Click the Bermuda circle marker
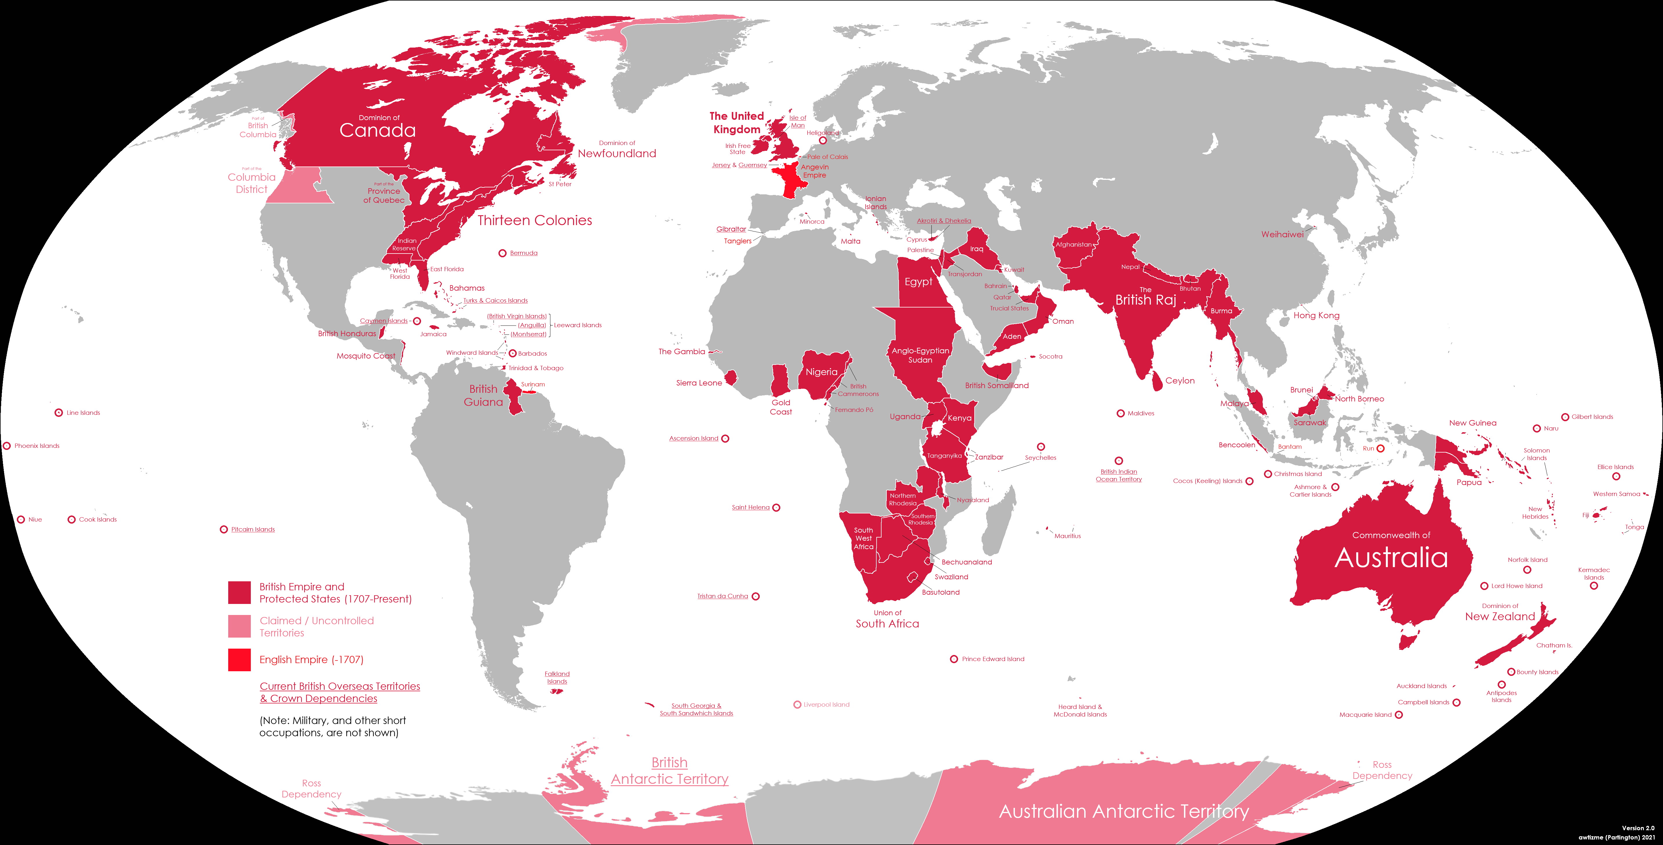click(x=502, y=253)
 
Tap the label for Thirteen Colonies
click(x=534, y=220)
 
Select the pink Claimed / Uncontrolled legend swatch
click(x=239, y=626)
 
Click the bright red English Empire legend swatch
click(x=239, y=660)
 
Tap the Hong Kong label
click(x=1316, y=315)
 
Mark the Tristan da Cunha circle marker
click(x=755, y=596)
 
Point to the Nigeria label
click(x=821, y=372)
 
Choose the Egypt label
click(x=918, y=282)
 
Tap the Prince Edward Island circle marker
click(x=953, y=659)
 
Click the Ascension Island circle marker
click(x=725, y=439)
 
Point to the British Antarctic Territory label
click(x=670, y=771)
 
